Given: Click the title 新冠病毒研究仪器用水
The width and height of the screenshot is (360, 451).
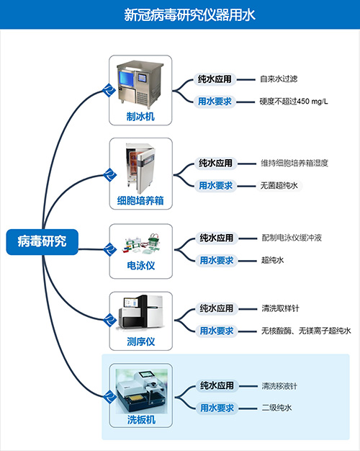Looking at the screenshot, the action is (189, 14).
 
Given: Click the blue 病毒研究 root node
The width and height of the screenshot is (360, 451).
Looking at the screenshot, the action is (42, 241).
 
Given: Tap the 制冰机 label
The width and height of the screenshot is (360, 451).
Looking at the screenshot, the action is (140, 117).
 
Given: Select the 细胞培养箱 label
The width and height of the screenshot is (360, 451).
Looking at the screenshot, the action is (140, 200).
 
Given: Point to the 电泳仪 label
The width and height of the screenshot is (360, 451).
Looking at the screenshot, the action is (141, 265).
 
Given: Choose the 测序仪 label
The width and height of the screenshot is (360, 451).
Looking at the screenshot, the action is (141, 341).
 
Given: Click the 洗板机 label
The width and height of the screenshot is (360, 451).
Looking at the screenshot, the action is (141, 419).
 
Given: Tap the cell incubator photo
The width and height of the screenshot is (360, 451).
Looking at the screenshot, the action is (140, 169).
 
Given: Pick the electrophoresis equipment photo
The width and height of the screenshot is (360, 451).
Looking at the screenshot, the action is (142, 244).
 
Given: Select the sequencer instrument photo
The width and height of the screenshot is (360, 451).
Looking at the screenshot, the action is (140, 312).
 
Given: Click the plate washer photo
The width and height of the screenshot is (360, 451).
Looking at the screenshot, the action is (141, 391).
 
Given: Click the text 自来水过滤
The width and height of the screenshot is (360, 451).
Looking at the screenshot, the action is (279, 79).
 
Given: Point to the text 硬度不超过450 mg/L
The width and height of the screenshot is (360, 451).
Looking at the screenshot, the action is (294, 102).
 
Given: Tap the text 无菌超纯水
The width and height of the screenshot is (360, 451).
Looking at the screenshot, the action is (279, 186).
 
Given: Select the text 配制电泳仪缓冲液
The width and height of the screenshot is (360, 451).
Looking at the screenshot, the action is (292, 238).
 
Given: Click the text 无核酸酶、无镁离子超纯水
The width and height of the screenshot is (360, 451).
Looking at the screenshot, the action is (306, 331).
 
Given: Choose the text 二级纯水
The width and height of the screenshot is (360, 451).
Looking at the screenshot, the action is (276, 408).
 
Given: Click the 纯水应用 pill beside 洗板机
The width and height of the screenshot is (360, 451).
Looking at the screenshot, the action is (217, 385).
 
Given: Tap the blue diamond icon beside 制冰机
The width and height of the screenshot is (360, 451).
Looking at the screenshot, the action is (109, 90).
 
